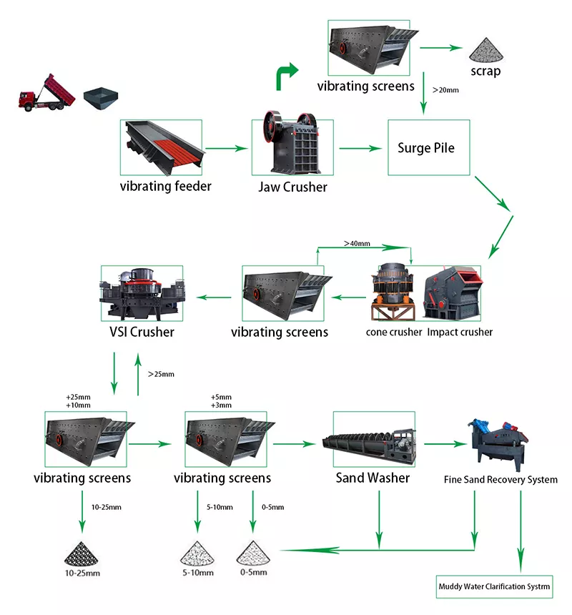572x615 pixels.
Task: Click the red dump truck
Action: (46, 93)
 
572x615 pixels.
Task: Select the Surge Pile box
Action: (428, 147)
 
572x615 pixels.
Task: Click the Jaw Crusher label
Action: (292, 187)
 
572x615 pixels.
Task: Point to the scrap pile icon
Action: (486, 50)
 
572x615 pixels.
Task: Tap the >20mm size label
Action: (445, 90)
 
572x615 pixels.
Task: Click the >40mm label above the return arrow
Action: (357, 243)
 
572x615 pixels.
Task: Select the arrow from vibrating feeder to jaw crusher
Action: (227, 148)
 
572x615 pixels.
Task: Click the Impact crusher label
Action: (460, 332)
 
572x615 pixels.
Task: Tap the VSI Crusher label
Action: (142, 332)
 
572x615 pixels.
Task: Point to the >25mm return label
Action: (161, 374)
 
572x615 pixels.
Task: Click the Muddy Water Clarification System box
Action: (494, 586)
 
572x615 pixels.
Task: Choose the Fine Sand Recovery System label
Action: (500, 479)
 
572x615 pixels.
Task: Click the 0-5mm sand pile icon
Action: (253, 553)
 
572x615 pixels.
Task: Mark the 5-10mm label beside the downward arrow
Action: (220, 507)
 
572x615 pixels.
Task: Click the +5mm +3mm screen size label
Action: (221, 401)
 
